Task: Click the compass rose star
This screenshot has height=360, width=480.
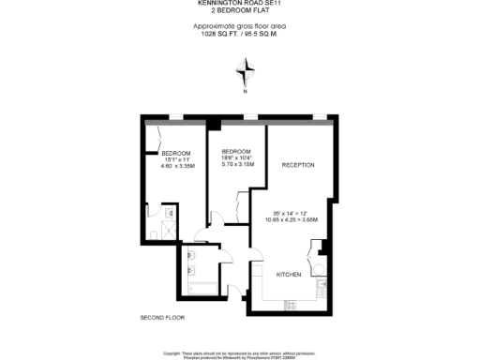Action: click(246, 71)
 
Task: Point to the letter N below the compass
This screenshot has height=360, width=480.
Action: click(246, 91)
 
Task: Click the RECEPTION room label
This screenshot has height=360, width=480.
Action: click(298, 165)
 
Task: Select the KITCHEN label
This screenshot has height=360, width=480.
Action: click(288, 274)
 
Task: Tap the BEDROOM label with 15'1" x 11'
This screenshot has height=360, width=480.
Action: click(175, 154)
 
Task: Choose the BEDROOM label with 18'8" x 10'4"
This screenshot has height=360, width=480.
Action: click(236, 152)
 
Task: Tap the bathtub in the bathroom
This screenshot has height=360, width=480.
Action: click(202, 288)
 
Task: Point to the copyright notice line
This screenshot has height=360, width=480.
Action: click(241, 352)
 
